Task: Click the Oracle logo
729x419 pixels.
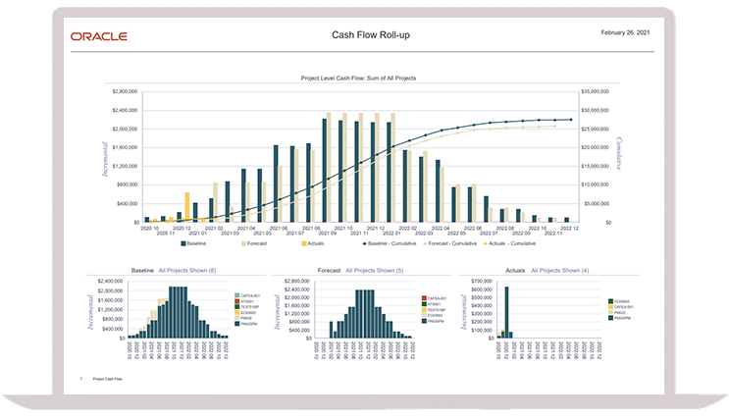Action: click(x=98, y=36)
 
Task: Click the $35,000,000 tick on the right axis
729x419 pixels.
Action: click(x=596, y=91)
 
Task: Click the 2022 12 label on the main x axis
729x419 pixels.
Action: click(x=570, y=228)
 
